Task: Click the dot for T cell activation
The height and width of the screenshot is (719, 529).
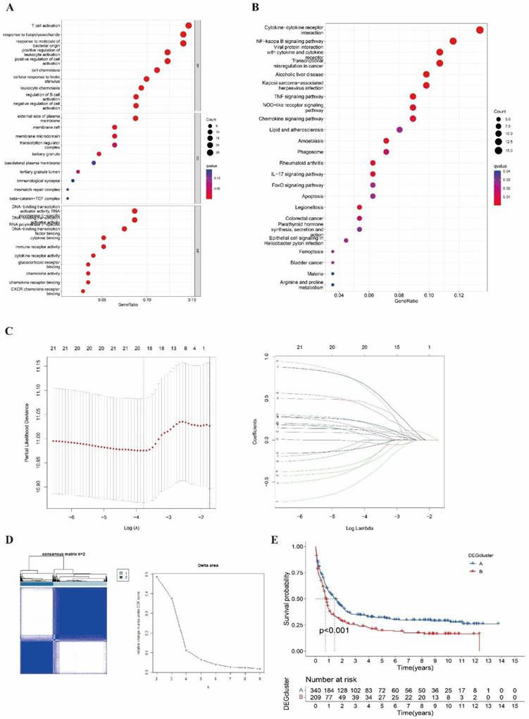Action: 189,25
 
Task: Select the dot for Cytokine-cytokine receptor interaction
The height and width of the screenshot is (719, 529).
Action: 480,30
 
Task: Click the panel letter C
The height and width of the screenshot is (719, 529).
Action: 8,331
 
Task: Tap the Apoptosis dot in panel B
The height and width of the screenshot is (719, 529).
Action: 373,195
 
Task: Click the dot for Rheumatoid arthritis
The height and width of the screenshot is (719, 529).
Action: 373,163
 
